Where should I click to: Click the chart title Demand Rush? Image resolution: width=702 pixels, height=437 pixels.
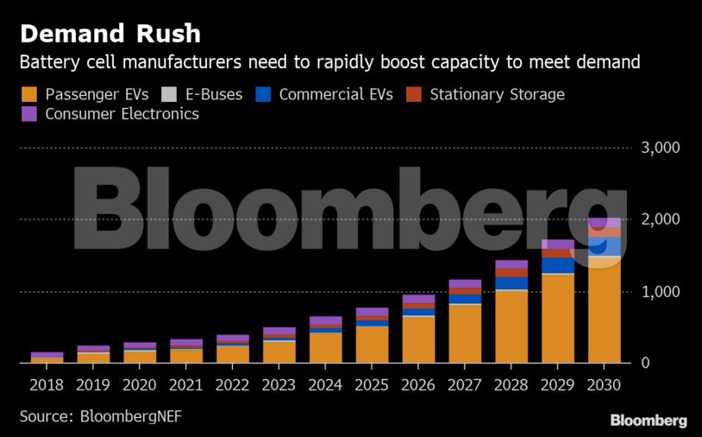coord(110,34)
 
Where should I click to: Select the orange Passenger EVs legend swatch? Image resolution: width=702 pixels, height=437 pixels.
coord(29,94)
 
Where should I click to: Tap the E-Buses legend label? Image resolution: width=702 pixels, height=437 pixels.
coord(214,94)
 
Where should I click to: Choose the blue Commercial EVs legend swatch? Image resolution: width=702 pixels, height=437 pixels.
coord(264,94)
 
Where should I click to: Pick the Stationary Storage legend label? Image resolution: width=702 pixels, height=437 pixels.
coord(497,94)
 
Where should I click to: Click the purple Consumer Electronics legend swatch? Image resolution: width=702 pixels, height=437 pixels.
coord(29,114)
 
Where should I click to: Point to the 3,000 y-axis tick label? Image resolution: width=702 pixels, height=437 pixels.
coord(661,148)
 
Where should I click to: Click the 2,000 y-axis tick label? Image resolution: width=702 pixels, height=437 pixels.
coord(661,219)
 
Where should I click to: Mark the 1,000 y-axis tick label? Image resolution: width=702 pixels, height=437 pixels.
coord(661,292)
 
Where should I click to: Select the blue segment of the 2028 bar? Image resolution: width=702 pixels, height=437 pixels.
coord(511,283)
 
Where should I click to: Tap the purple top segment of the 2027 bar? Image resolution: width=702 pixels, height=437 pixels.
coord(465,283)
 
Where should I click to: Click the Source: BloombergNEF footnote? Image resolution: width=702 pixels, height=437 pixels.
coord(101,416)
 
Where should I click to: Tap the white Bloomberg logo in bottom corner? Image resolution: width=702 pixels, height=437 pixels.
coord(649,421)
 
